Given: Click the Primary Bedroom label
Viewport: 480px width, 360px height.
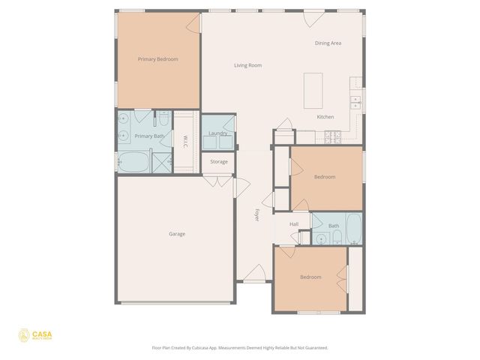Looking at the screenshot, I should coord(157,59).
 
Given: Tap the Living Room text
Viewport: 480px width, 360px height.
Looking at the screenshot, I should coord(247,66).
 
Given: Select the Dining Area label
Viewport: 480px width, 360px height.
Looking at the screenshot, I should coord(328,43).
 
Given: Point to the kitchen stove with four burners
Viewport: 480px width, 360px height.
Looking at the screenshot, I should coord(333,136).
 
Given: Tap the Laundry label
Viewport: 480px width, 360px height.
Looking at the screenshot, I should coord(218,133).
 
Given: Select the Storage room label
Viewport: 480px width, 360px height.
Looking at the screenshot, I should coord(218,162).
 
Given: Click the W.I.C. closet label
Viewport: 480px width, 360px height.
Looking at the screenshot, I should coord(184,140).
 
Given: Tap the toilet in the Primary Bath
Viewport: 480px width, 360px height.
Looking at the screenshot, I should coord(163,120).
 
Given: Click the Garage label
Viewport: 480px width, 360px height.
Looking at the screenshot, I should coord(177,234).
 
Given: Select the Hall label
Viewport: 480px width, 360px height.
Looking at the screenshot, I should coord(294,224).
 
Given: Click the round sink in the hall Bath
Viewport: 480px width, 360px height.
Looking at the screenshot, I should coord(321,239).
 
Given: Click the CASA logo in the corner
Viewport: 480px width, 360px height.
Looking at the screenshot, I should coord(35,334).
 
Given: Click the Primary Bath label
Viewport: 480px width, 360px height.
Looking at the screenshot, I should coord(148,136).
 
